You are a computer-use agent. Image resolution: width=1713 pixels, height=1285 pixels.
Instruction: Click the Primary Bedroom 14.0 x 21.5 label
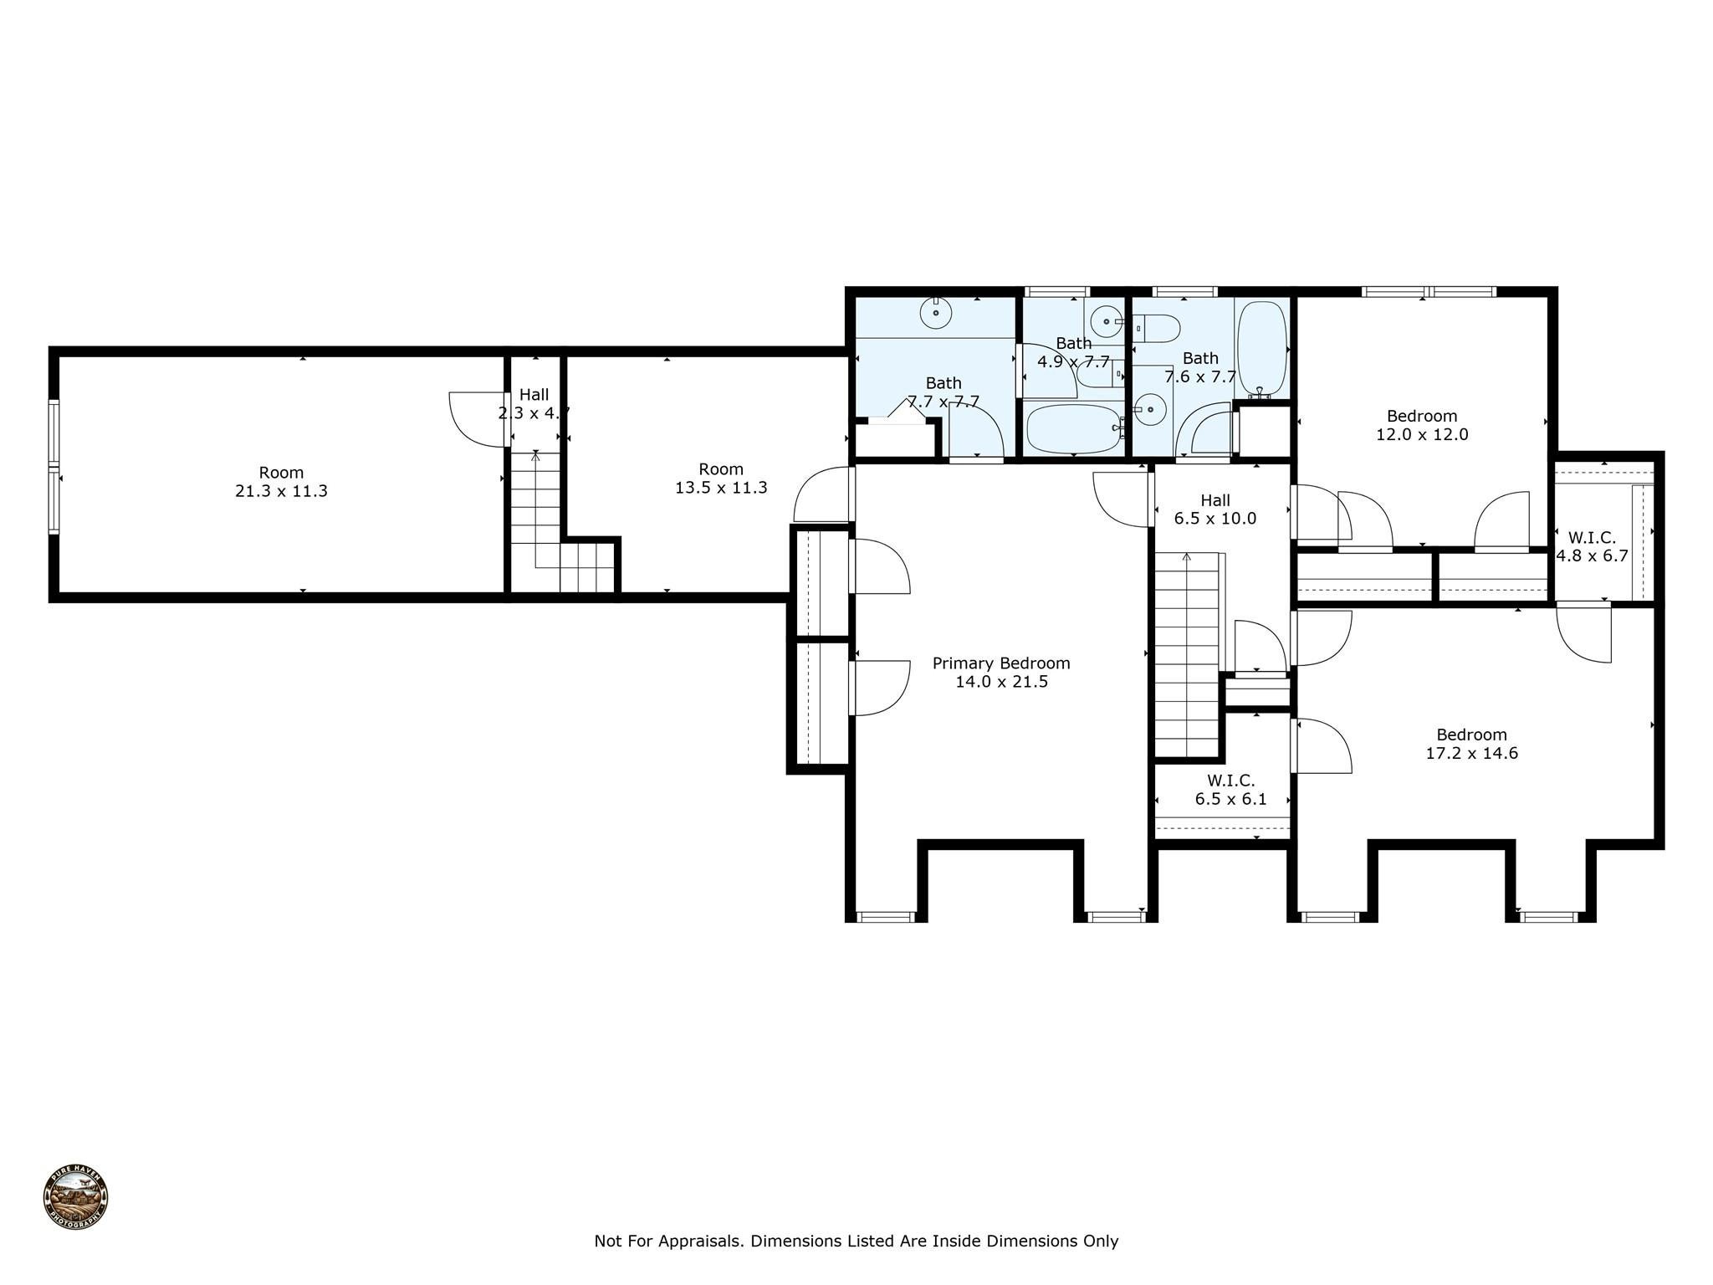coord(1001,672)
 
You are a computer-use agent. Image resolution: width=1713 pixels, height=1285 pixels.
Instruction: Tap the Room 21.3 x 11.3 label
coord(281,481)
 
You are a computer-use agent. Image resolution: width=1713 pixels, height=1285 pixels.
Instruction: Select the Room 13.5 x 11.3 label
coord(721,478)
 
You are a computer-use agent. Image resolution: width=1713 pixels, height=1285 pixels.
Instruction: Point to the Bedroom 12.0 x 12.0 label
coord(1422,425)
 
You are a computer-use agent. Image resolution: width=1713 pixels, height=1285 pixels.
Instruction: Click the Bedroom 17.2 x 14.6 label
coord(1471,744)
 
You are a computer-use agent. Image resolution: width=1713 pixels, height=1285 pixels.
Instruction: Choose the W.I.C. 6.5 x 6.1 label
coord(1230,790)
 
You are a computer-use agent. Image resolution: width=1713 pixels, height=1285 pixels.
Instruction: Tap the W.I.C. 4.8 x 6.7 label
coord(1592,546)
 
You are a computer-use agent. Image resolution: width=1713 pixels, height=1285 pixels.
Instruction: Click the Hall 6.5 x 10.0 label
coord(1215,509)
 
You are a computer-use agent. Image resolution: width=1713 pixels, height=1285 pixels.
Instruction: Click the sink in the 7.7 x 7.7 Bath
coord(936,314)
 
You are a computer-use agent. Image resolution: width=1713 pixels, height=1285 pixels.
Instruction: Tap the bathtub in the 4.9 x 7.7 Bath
coord(1074,428)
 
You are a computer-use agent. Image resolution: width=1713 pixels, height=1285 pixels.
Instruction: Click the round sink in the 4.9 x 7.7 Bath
coord(1107,320)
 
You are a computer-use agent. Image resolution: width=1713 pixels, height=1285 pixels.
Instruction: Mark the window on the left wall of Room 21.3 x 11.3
coord(54,467)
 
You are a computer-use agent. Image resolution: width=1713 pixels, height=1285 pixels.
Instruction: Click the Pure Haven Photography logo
coord(75,1197)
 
